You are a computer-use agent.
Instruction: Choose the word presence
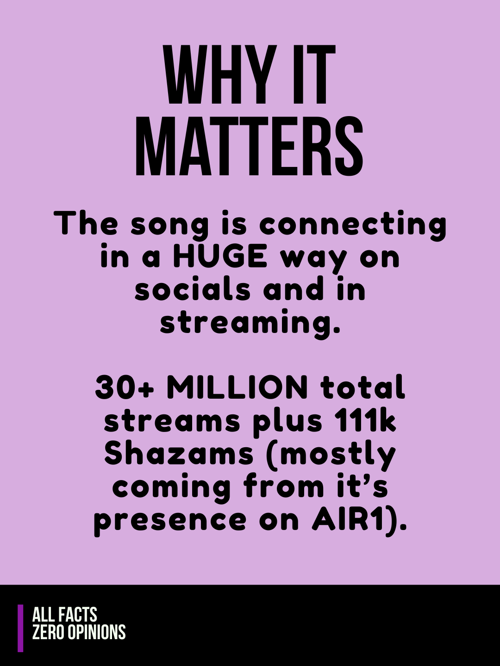click(x=170, y=524)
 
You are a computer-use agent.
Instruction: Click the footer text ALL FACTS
click(x=65, y=614)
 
